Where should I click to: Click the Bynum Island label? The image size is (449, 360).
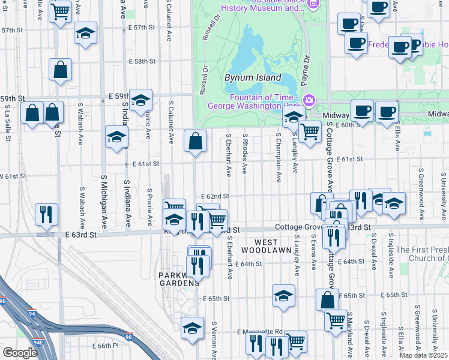[253, 77]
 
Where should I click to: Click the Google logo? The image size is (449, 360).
[20, 352]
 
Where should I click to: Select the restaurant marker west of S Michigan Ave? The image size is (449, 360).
[46, 214]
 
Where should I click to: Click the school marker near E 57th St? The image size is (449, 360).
[86, 33]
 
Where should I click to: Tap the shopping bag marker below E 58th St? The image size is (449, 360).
[61, 69]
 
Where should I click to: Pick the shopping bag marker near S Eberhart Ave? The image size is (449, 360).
[196, 142]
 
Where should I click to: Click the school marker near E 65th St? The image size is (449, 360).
[283, 295]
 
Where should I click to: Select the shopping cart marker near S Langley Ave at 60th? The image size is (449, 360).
[310, 130]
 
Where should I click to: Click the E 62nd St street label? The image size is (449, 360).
[216, 196]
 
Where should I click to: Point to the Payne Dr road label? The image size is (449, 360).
[307, 69]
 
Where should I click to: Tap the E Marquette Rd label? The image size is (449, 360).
[260, 332]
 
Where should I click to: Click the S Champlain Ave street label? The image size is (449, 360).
[279, 157]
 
